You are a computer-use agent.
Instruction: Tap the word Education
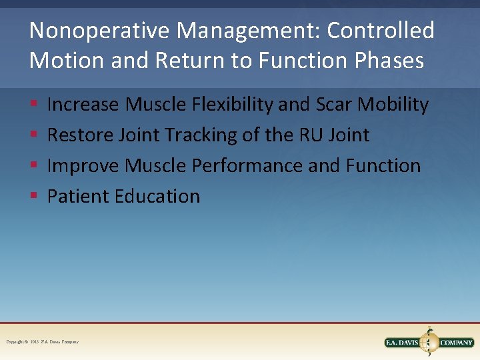click(157, 197)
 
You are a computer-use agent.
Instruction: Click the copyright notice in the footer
click(42, 342)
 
